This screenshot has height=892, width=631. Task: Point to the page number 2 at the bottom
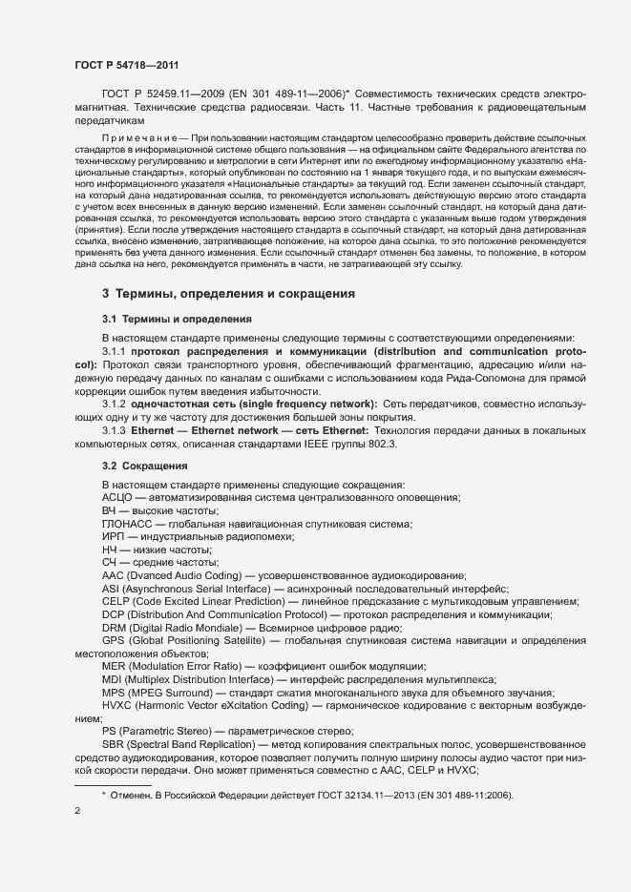pos(77,811)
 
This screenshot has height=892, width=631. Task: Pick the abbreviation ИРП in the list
pos(113,537)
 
